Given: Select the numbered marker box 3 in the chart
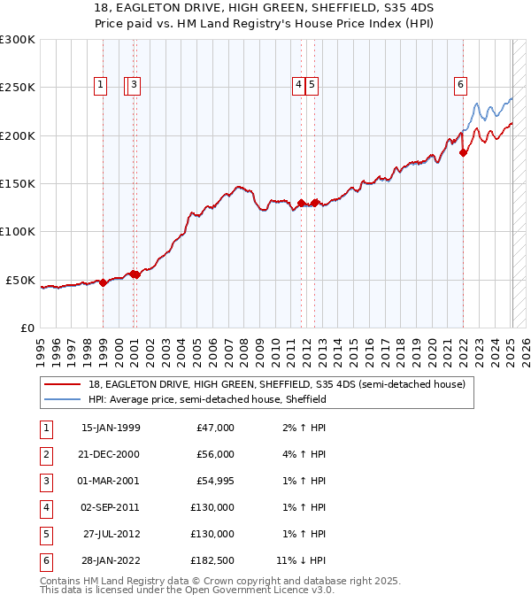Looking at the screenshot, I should click(x=134, y=85).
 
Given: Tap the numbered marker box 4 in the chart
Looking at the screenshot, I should click(x=299, y=85).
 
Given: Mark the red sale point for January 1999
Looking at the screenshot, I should click(x=104, y=282).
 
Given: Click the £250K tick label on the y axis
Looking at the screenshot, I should click(x=18, y=88).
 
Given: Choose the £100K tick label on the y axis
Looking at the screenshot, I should click(x=18, y=231).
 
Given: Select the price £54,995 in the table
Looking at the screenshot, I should click(x=215, y=480).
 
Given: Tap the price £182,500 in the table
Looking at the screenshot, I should click(x=213, y=560).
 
